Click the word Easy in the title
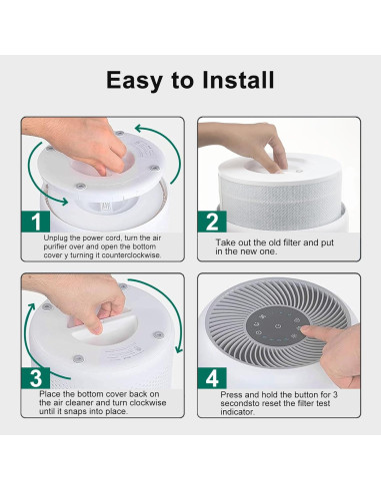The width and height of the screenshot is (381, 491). point(134,81)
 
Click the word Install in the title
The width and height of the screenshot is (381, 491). point(238,80)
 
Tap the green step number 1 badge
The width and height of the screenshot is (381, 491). point(36,222)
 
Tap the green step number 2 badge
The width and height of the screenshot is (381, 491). point(212,222)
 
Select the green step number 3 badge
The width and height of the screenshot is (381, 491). point(36,378)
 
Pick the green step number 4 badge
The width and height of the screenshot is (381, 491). point(212,378)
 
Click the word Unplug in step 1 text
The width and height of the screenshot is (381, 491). point(56,239)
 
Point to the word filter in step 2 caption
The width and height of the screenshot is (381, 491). point(292,243)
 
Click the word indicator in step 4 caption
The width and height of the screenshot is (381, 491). point(237,412)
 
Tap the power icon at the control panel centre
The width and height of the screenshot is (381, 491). point(277,326)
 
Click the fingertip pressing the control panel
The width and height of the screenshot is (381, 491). point(304,329)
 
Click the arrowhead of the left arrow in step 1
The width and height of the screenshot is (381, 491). point(63,201)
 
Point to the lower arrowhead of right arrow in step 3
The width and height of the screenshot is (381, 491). point(179,349)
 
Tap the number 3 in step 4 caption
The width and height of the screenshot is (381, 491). point(335,395)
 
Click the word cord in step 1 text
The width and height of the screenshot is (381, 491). point(114,239)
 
